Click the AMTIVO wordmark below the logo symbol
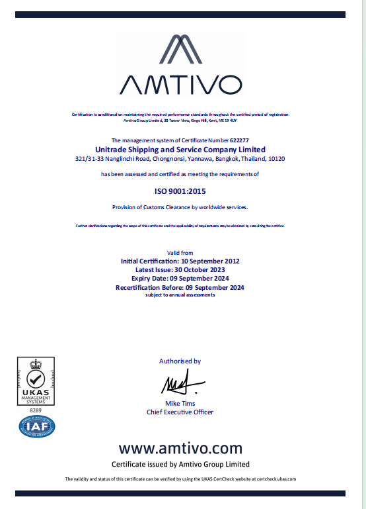(x=180, y=85)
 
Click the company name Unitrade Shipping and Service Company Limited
(x=180, y=150)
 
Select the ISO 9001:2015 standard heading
(x=180, y=191)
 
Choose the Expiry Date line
(x=180, y=279)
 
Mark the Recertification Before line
(x=180, y=288)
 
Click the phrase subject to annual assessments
(x=180, y=295)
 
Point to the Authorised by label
(x=180, y=361)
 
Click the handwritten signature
(x=176, y=384)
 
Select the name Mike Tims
(x=180, y=404)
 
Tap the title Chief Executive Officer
(x=180, y=412)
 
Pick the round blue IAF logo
(x=37, y=426)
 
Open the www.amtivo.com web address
(x=180, y=448)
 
